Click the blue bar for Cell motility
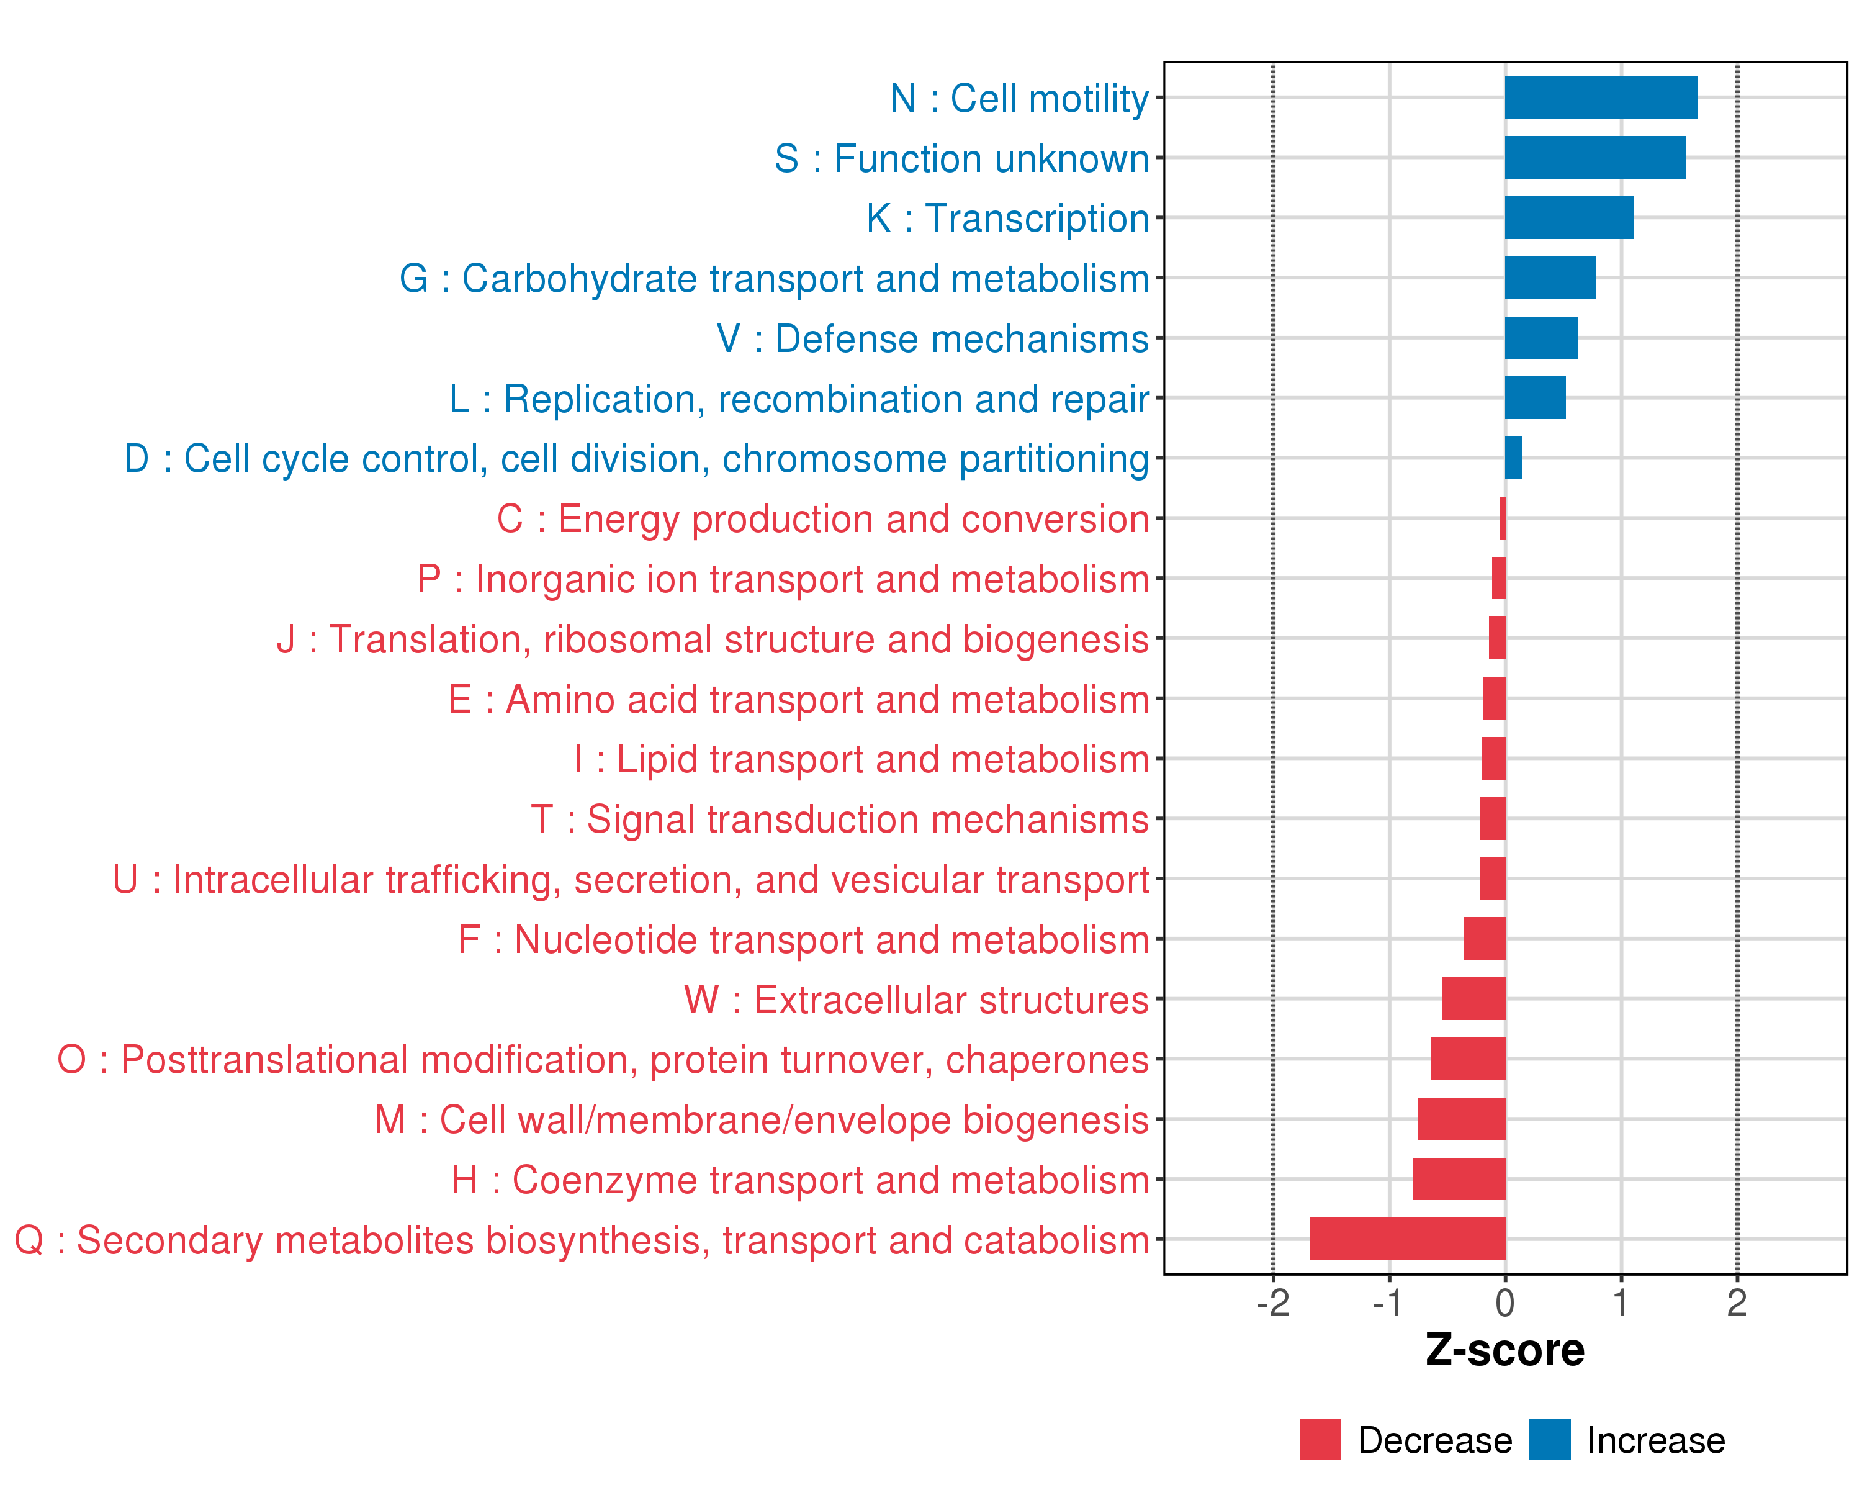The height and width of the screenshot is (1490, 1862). [x=1600, y=97]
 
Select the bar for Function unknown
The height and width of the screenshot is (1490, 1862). [x=1595, y=157]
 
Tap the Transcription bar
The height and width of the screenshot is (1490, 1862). [x=1568, y=218]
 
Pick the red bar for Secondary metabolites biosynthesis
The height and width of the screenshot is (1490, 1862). [x=1408, y=1239]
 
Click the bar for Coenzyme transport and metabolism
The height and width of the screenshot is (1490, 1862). [x=1459, y=1179]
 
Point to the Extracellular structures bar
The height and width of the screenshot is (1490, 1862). [x=1473, y=998]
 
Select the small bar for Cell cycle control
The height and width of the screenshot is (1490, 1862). [x=1513, y=458]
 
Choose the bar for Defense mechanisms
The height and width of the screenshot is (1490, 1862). [x=1540, y=338]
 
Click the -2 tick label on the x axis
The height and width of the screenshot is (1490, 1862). [x=1273, y=1303]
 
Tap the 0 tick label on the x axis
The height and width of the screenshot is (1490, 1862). [x=1505, y=1303]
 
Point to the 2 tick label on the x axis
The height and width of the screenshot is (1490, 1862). [x=1737, y=1303]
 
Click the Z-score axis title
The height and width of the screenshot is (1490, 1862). [x=1504, y=1350]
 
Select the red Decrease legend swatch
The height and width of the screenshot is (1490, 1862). [x=1320, y=1439]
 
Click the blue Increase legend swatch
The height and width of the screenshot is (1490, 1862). [x=1549, y=1439]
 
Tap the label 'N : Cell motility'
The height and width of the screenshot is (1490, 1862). [x=1019, y=99]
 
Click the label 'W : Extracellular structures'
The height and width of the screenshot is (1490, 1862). [x=916, y=1000]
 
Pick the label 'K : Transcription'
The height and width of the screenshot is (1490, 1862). [x=1007, y=219]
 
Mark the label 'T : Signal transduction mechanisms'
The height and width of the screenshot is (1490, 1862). [x=840, y=819]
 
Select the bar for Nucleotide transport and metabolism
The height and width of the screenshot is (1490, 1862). [x=1485, y=939]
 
